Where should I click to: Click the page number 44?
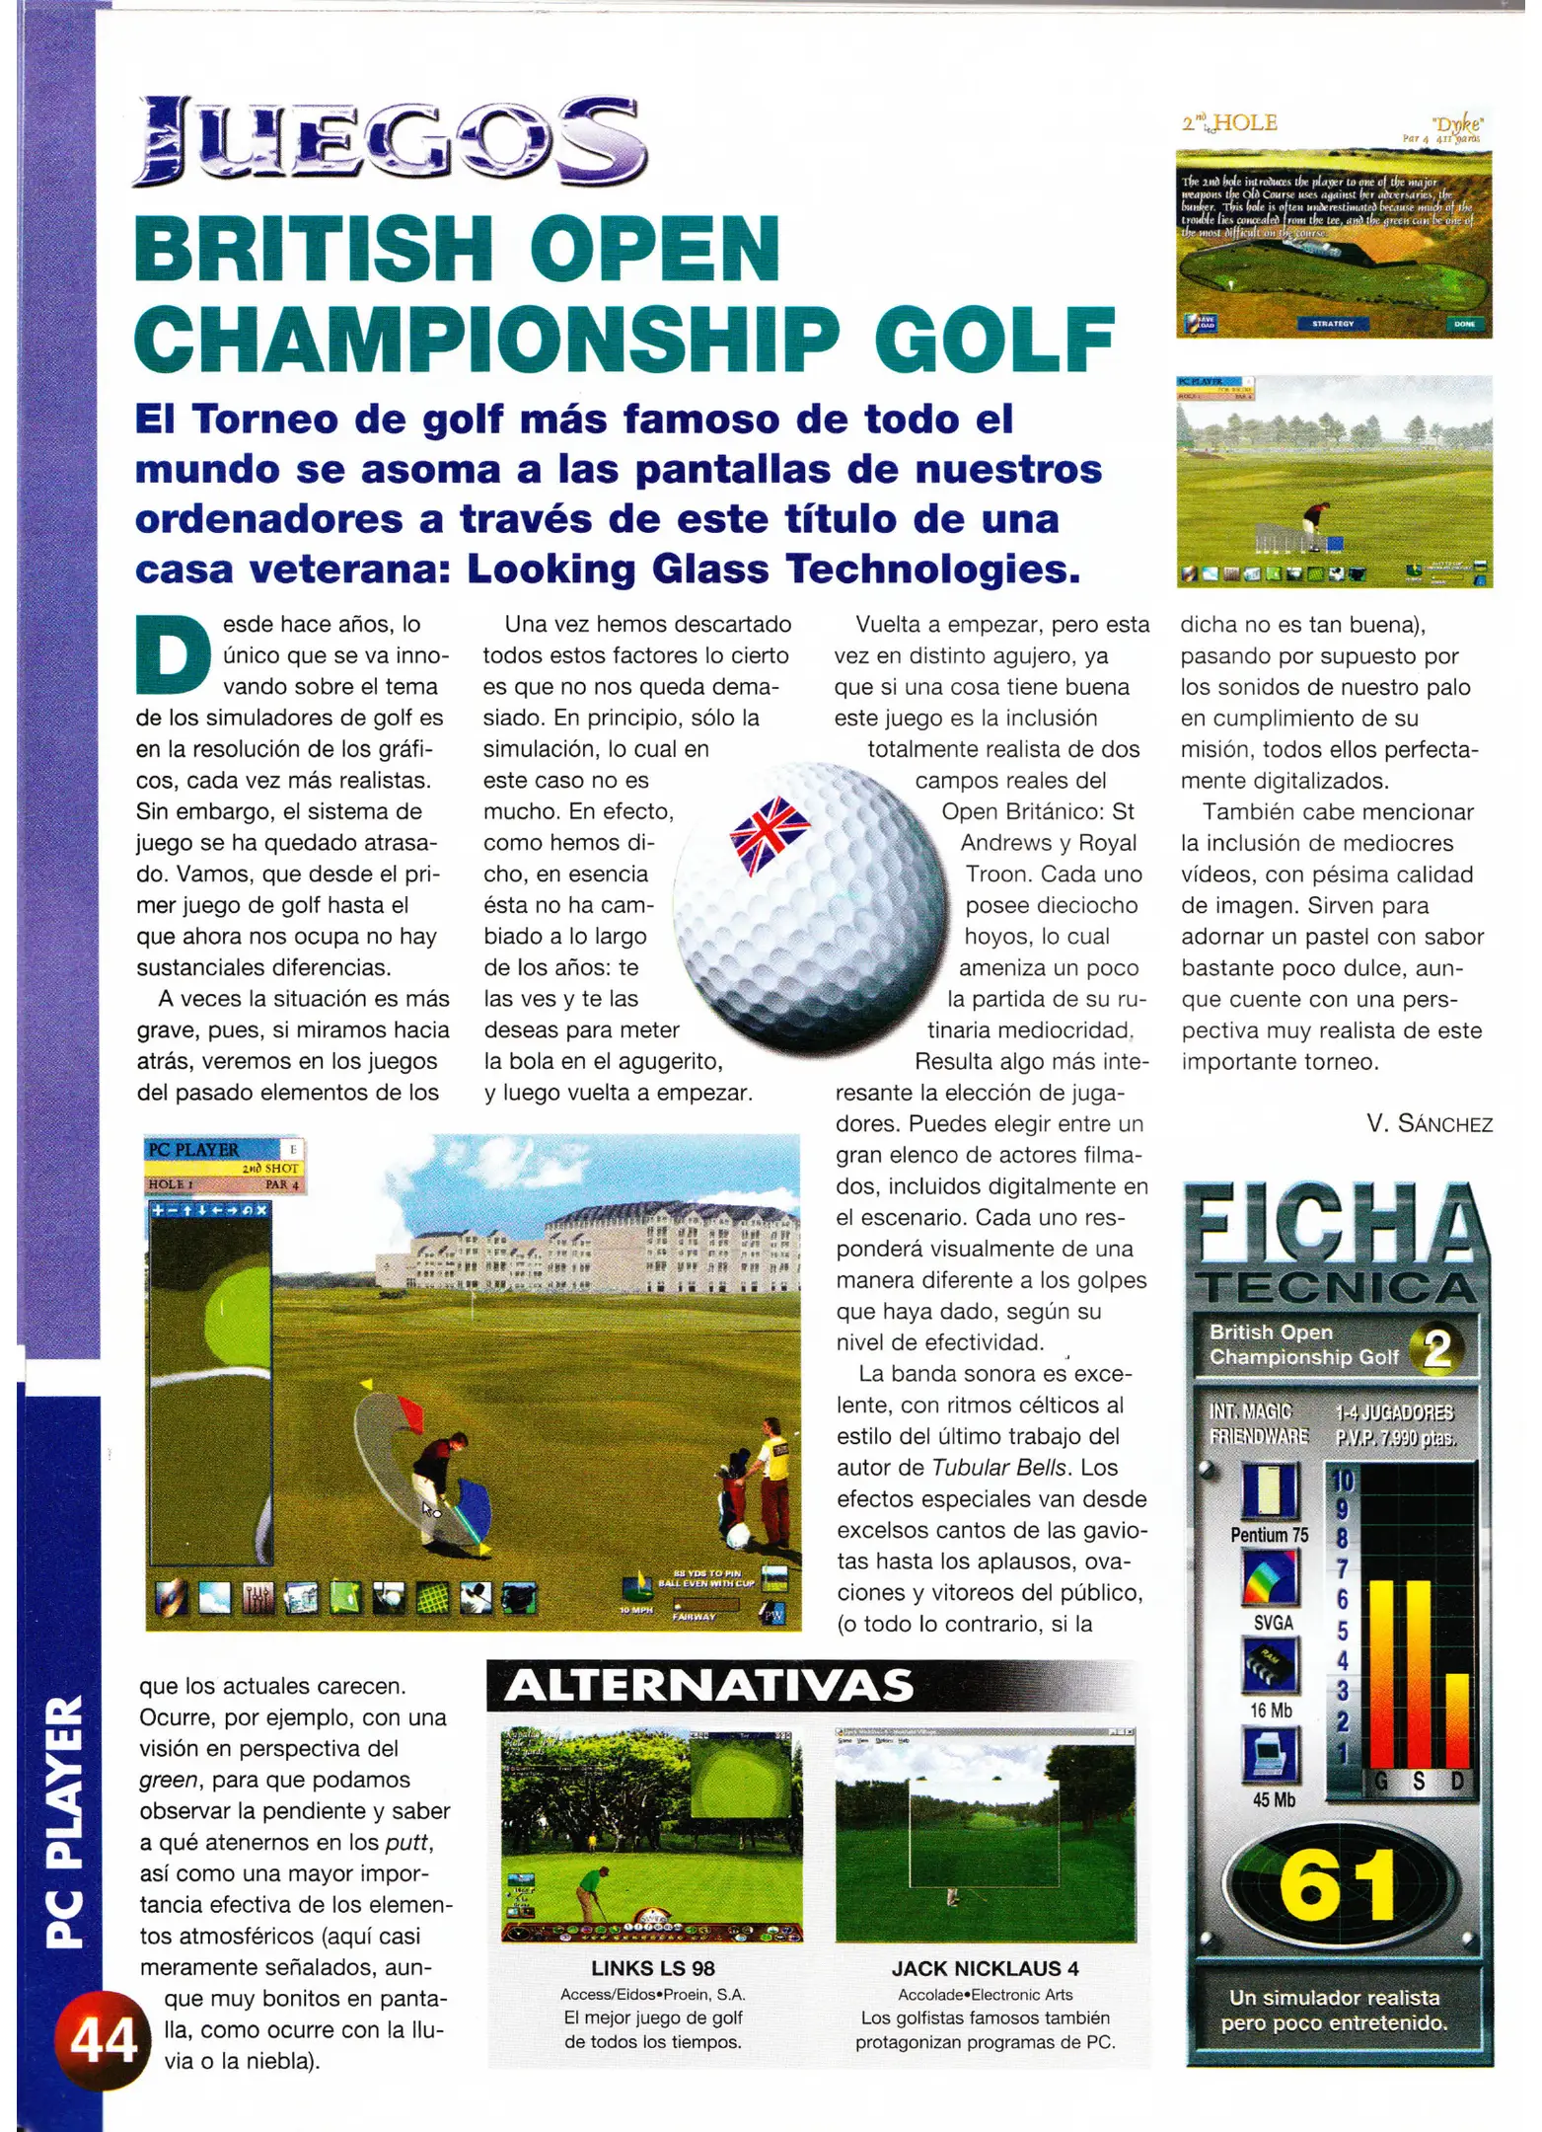pyautogui.click(x=103, y=2040)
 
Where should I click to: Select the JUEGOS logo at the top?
pyautogui.click(x=390, y=142)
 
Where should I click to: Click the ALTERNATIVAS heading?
pyautogui.click(x=708, y=1686)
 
